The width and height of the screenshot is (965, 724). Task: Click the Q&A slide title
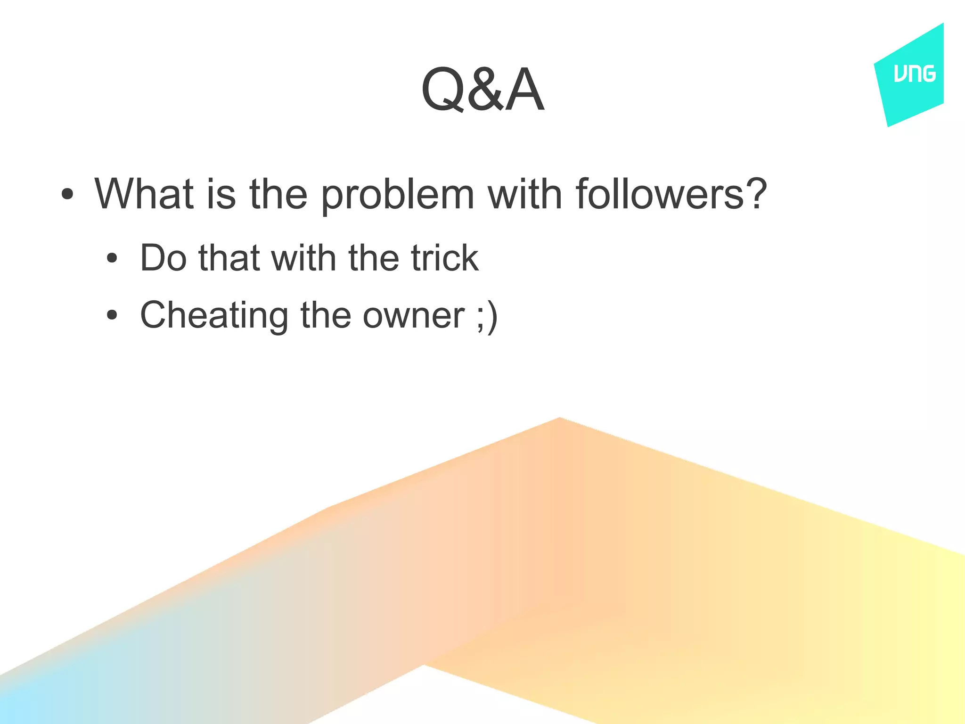(482, 90)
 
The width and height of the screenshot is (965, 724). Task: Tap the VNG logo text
(914, 74)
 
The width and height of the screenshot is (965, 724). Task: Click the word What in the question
(144, 194)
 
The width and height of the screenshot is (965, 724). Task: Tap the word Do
(163, 258)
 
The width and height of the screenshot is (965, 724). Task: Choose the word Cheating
(214, 315)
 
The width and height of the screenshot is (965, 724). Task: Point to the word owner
(413, 315)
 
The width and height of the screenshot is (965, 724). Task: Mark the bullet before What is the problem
(67, 194)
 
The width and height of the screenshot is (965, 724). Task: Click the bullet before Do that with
(112, 258)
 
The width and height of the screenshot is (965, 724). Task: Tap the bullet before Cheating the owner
(112, 315)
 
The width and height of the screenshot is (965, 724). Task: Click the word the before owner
(326, 315)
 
